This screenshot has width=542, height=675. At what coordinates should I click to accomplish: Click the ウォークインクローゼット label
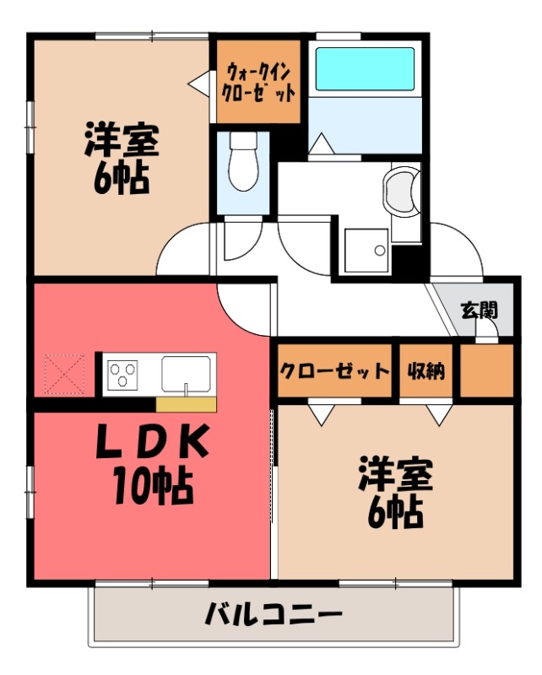pos(258,81)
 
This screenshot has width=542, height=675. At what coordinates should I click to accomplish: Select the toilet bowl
pos(243,165)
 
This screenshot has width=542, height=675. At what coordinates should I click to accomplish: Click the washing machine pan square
pos(366,250)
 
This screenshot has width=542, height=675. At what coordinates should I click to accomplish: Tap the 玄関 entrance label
pos(478,309)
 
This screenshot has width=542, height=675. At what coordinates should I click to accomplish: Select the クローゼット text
pos(334,370)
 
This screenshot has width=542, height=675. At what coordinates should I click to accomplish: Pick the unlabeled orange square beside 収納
pos(485,370)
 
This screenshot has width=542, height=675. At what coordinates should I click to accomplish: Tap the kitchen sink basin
pos(187,371)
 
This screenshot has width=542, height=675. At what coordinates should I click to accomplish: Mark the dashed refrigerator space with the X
pos(65,374)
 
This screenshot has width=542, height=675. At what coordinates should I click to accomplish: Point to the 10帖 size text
pos(152,484)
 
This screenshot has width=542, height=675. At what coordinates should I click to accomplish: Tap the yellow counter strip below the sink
pos(186,403)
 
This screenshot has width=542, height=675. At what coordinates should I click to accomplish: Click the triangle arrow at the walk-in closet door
pos(197,83)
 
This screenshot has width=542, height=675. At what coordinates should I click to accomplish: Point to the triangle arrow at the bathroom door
pos(319,145)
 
